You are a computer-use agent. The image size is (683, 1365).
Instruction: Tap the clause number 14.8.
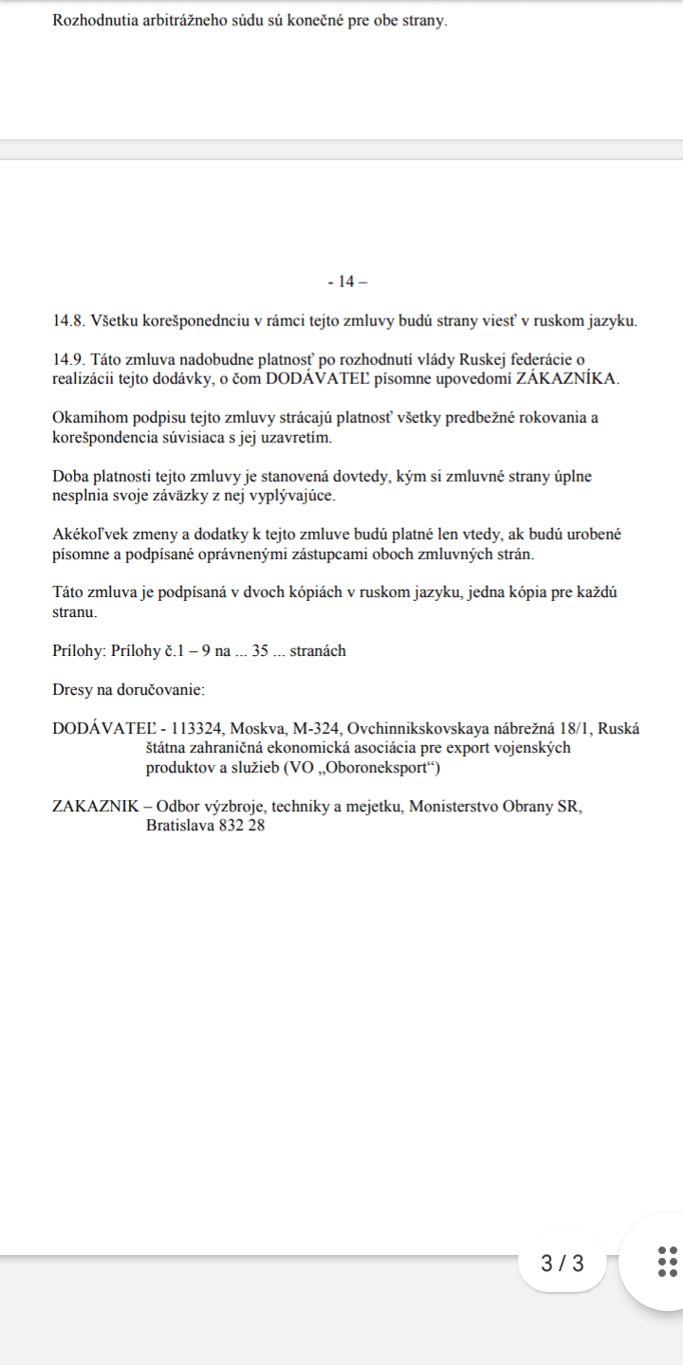(69, 320)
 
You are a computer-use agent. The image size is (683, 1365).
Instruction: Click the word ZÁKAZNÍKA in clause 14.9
(566, 378)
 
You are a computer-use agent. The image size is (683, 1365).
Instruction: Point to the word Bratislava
(180, 826)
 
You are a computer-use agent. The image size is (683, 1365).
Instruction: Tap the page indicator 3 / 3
(563, 1264)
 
